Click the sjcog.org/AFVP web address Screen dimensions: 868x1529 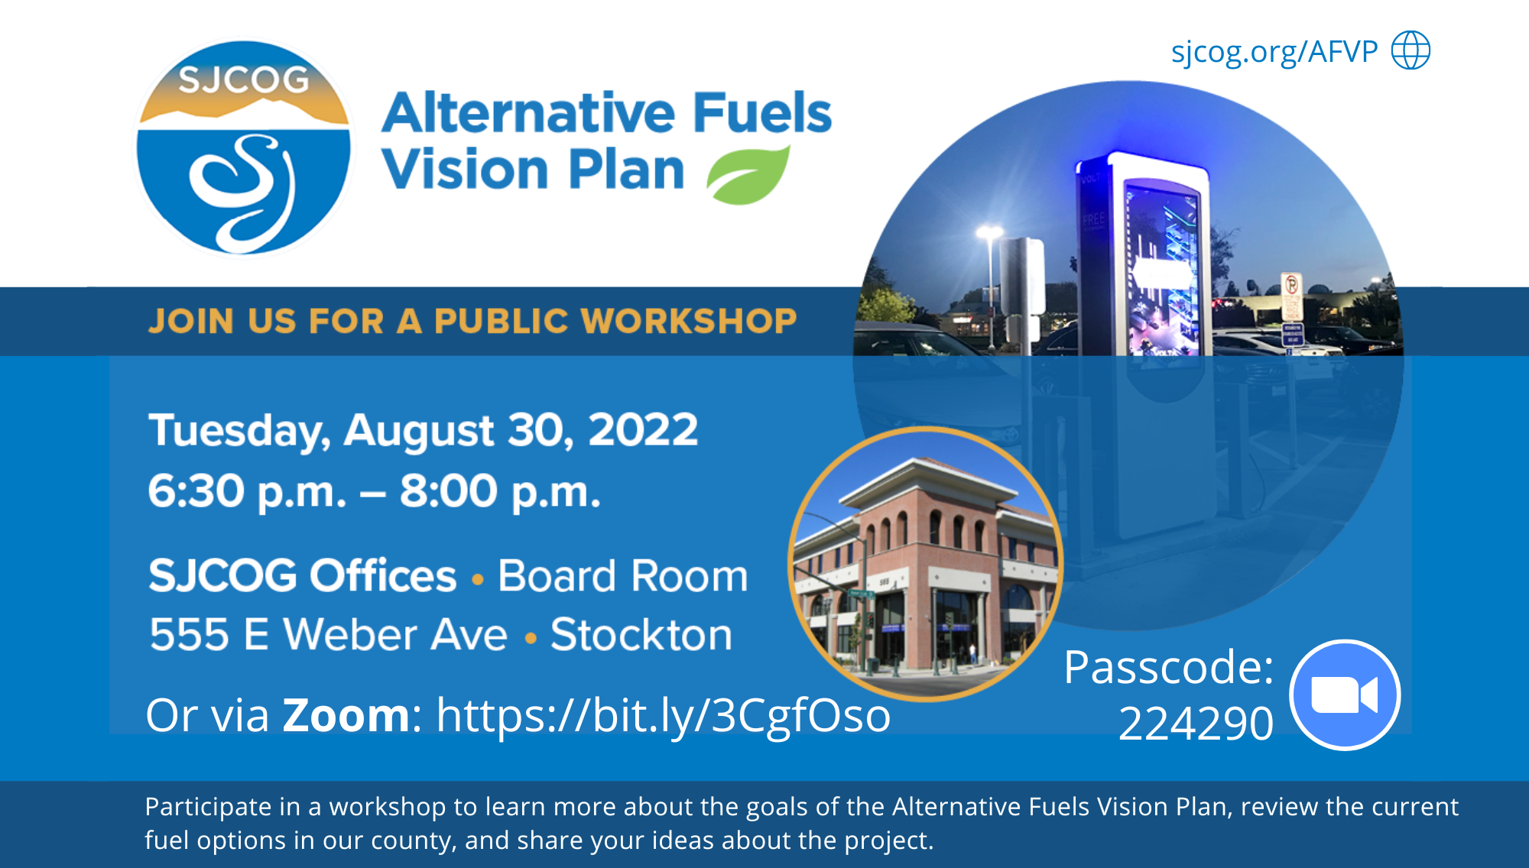pyautogui.click(x=1274, y=52)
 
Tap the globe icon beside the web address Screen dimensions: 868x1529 pyautogui.click(x=1411, y=50)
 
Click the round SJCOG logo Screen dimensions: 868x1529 pyautogui.click(x=243, y=148)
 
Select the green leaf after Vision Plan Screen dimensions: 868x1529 pyautogui.click(x=748, y=176)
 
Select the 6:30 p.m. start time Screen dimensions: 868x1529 pyautogui.click(x=247, y=491)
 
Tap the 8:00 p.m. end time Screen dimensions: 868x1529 pyautogui.click(x=500, y=491)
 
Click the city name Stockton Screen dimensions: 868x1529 pyautogui.click(x=641, y=634)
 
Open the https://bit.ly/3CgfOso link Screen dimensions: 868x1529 pyautogui.click(x=663, y=715)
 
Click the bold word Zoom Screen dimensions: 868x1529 pyautogui.click(x=346, y=715)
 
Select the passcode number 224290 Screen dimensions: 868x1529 pyautogui.click(x=1195, y=723)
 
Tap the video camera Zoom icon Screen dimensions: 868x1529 pyautogui.click(x=1344, y=695)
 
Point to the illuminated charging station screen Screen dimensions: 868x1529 pyautogui.click(x=1162, y=267)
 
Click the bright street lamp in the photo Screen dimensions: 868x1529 pyautogui.click(x=989, y=231)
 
